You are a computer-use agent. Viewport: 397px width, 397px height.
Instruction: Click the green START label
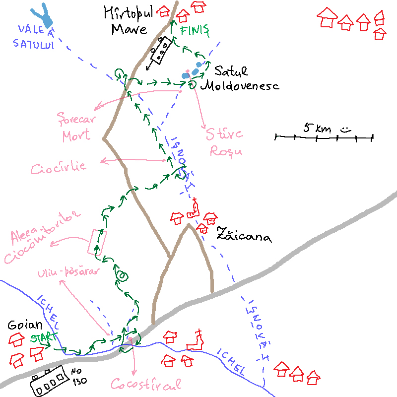tap(44, 338)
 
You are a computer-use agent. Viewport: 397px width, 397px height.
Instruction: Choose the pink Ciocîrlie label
tap(58, 167)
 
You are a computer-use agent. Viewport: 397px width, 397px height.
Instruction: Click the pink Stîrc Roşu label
tap(225, 142)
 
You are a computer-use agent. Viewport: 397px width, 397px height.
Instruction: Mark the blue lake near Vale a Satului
tap(44, 16)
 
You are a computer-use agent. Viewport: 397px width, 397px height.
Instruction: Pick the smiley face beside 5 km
tap(345, 130)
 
